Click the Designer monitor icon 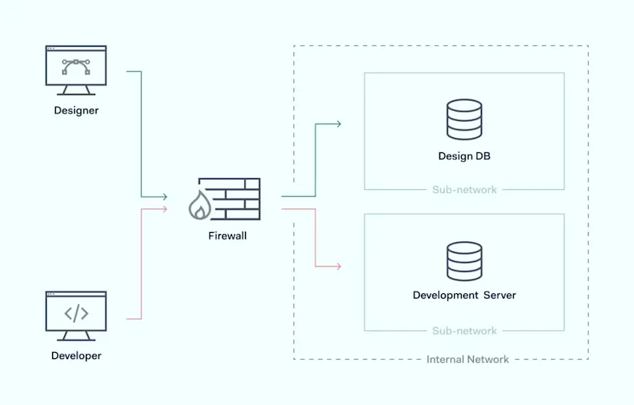[x=76, y=70]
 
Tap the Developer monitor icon [x=76, y=316]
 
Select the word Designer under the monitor [x=76, y=110]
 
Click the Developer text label [x=76, y=356]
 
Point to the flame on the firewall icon [x=200, y=205]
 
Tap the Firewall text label [x=227, y=236]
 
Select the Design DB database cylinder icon [x=464, y=119]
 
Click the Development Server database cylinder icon [x=464, y=261]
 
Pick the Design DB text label [x=464, y=156]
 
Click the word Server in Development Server [x=500, y=295]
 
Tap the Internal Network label [x=467, y=359]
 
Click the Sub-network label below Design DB [x=464, y=190]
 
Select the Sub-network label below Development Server [x=464, y=331]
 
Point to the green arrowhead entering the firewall [x=165, y=197]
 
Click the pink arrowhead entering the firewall [x=165, y=209]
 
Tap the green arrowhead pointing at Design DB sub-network [x=338, y=124]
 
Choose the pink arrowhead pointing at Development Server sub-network [x=338, y=266]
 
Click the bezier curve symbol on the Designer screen [x=76, y=67]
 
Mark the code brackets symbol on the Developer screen [x=76, y=313]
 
